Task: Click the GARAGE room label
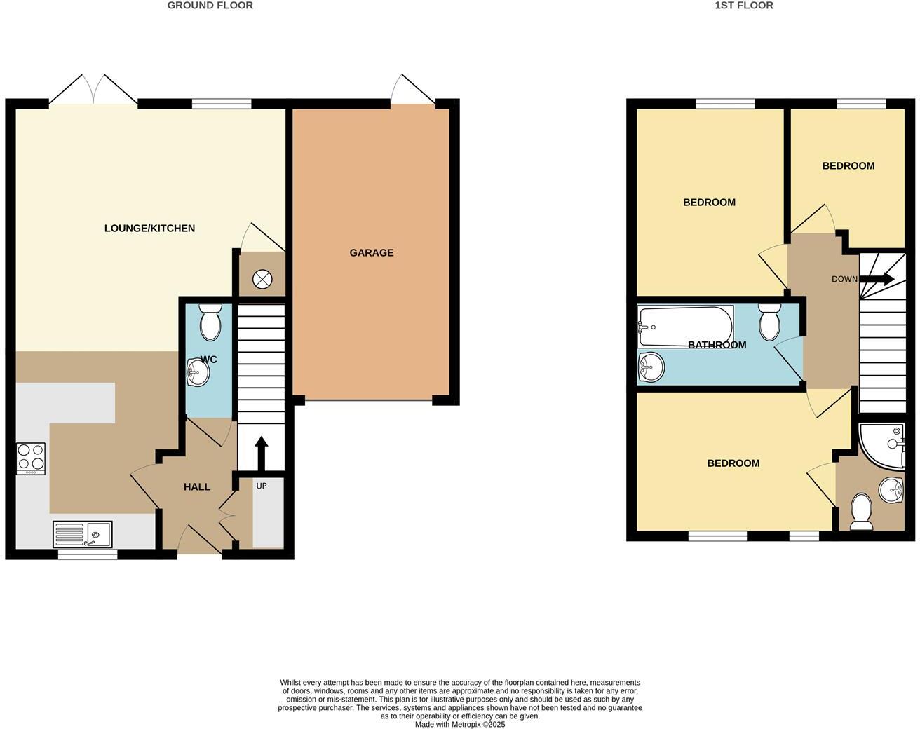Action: (372, 252)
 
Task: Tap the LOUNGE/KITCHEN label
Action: (149, 228)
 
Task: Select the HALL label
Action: (197, 486)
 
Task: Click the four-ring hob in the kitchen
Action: (31, 458)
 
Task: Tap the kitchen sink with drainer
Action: (83, 535)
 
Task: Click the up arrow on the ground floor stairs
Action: (261, 453)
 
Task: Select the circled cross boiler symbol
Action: (262, 279)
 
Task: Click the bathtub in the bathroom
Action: (685, 326)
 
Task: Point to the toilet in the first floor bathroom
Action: (769, 321)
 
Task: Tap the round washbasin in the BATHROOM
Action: (651, 366)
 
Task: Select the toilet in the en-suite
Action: (860, 512)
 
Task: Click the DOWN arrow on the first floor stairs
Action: (877, 279)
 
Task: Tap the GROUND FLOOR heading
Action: (210, 6)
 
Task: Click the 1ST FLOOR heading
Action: (743, 6)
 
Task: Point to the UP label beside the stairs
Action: (261, 486)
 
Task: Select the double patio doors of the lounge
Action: (93, 91)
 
